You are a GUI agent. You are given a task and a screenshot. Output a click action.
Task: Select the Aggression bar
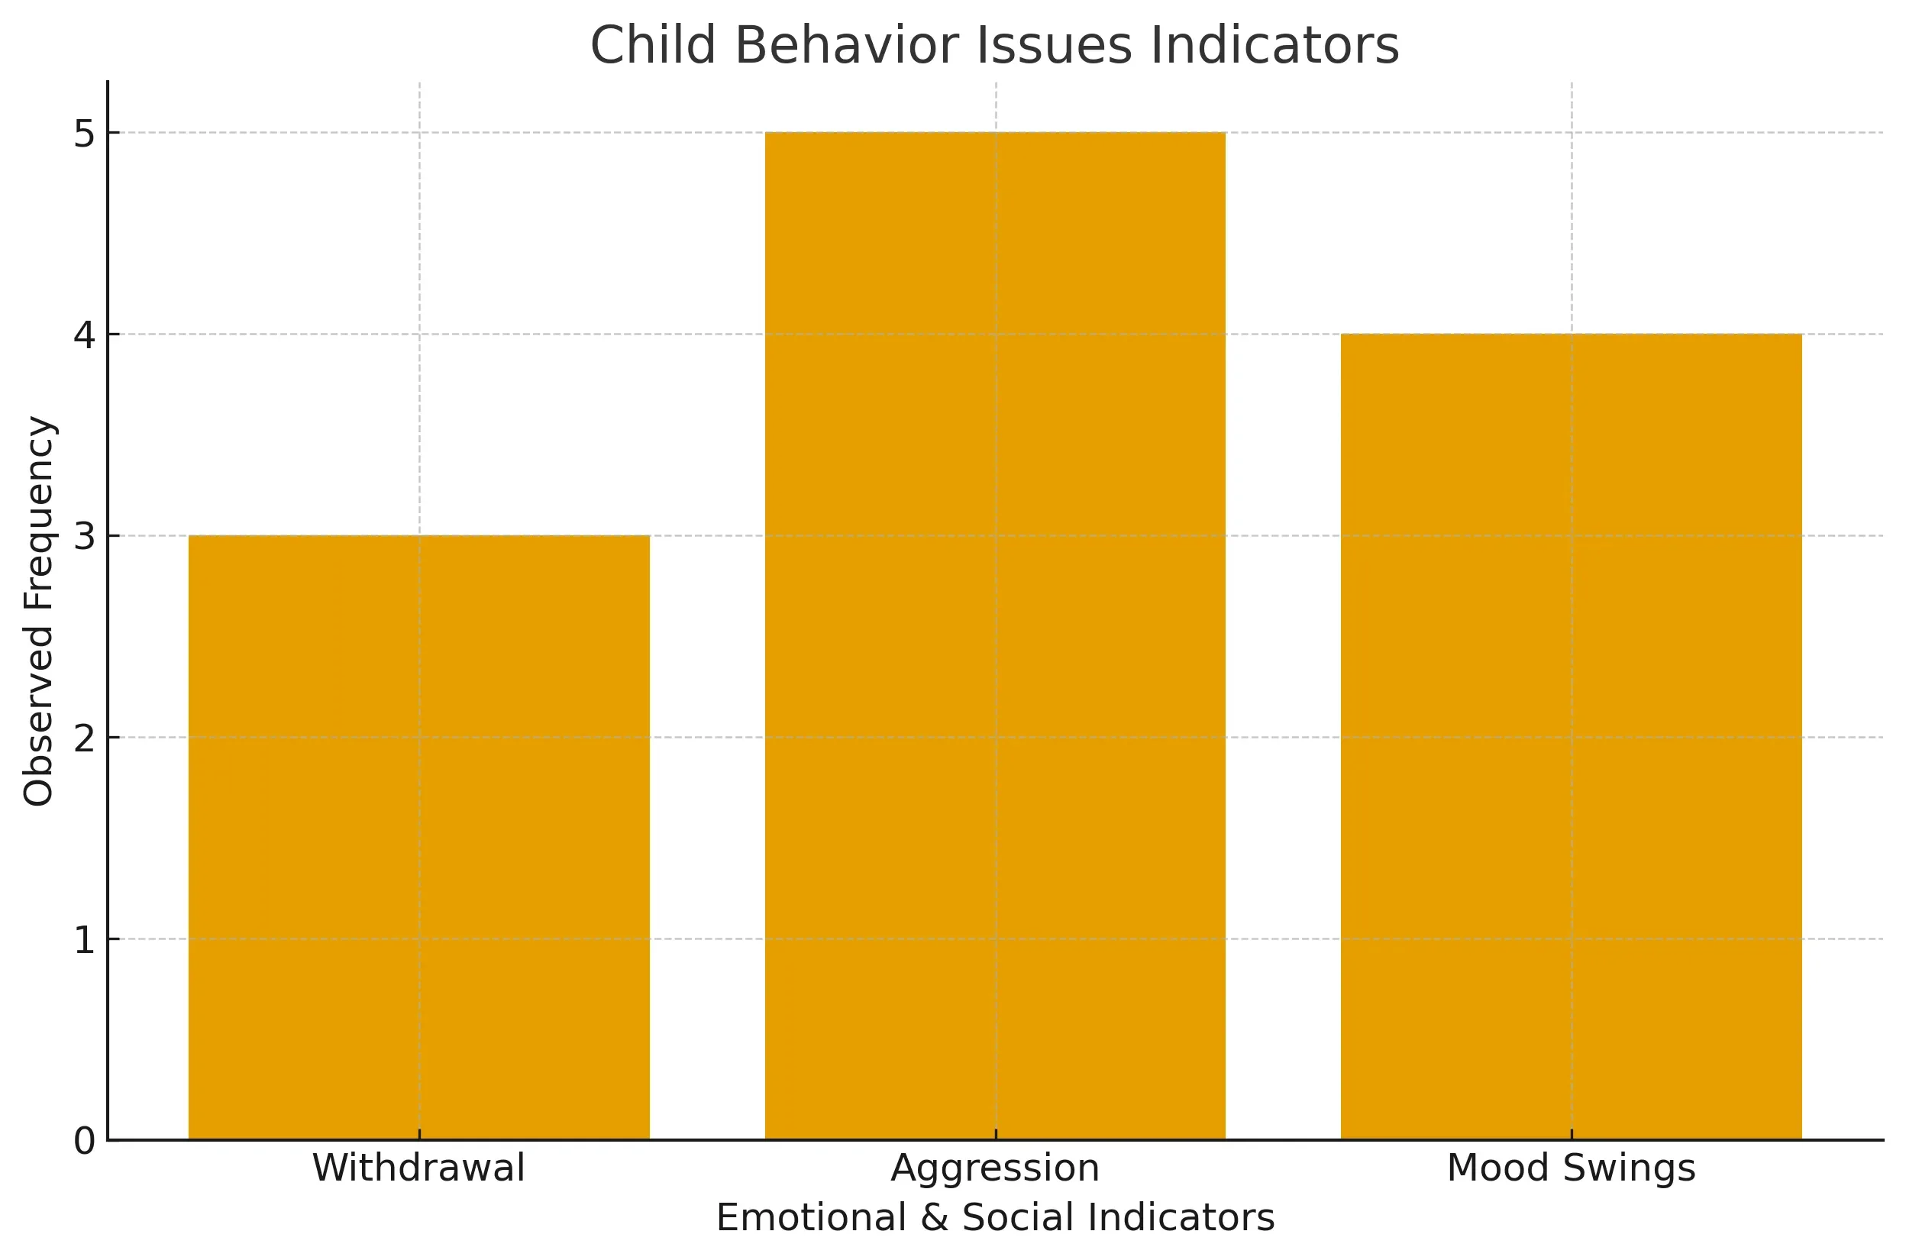(995, 635)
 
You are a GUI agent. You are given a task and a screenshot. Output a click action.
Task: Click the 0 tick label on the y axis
(84, 1141)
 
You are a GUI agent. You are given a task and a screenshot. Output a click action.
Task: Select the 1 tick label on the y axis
(84, 939)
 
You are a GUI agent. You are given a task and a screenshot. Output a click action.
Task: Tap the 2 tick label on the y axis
(84, 738)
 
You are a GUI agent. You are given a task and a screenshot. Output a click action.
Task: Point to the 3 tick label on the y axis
(84, 536)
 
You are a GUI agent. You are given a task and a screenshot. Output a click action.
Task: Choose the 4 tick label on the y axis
(84, 334)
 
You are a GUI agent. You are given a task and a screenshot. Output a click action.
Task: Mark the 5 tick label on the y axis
(84, 134)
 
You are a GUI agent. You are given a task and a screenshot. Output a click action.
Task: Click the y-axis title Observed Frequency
(39, 611)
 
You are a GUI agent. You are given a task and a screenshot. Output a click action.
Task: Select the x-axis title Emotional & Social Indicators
(995, 1217)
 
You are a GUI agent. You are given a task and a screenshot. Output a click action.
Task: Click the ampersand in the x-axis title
(935, 1217)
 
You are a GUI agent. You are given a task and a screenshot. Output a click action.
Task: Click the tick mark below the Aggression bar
(996, 1134)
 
